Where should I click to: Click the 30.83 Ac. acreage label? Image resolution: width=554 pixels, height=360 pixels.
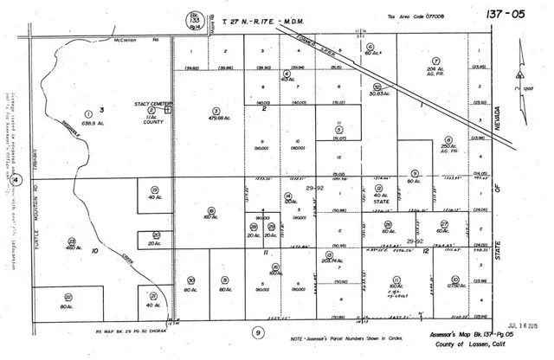click(378, 93)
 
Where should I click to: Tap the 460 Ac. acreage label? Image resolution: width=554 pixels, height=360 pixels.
click(72, 249)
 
